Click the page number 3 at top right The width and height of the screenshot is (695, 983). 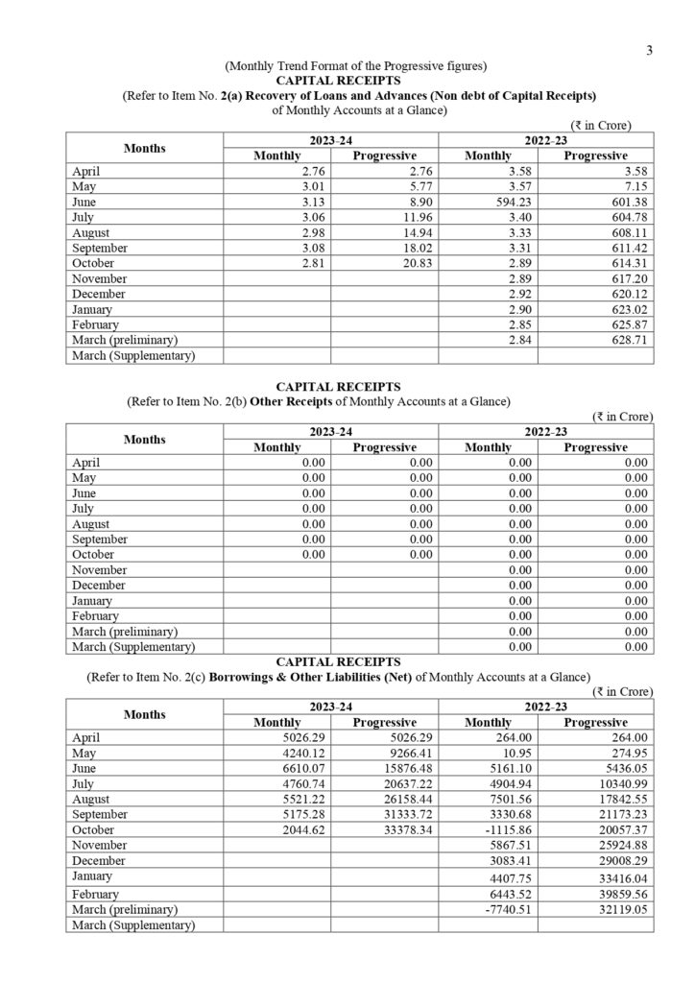click(x=649, y=51)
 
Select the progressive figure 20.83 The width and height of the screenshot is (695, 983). click(x=412, y=263)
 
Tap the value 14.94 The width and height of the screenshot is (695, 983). click(x=412, y=232)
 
